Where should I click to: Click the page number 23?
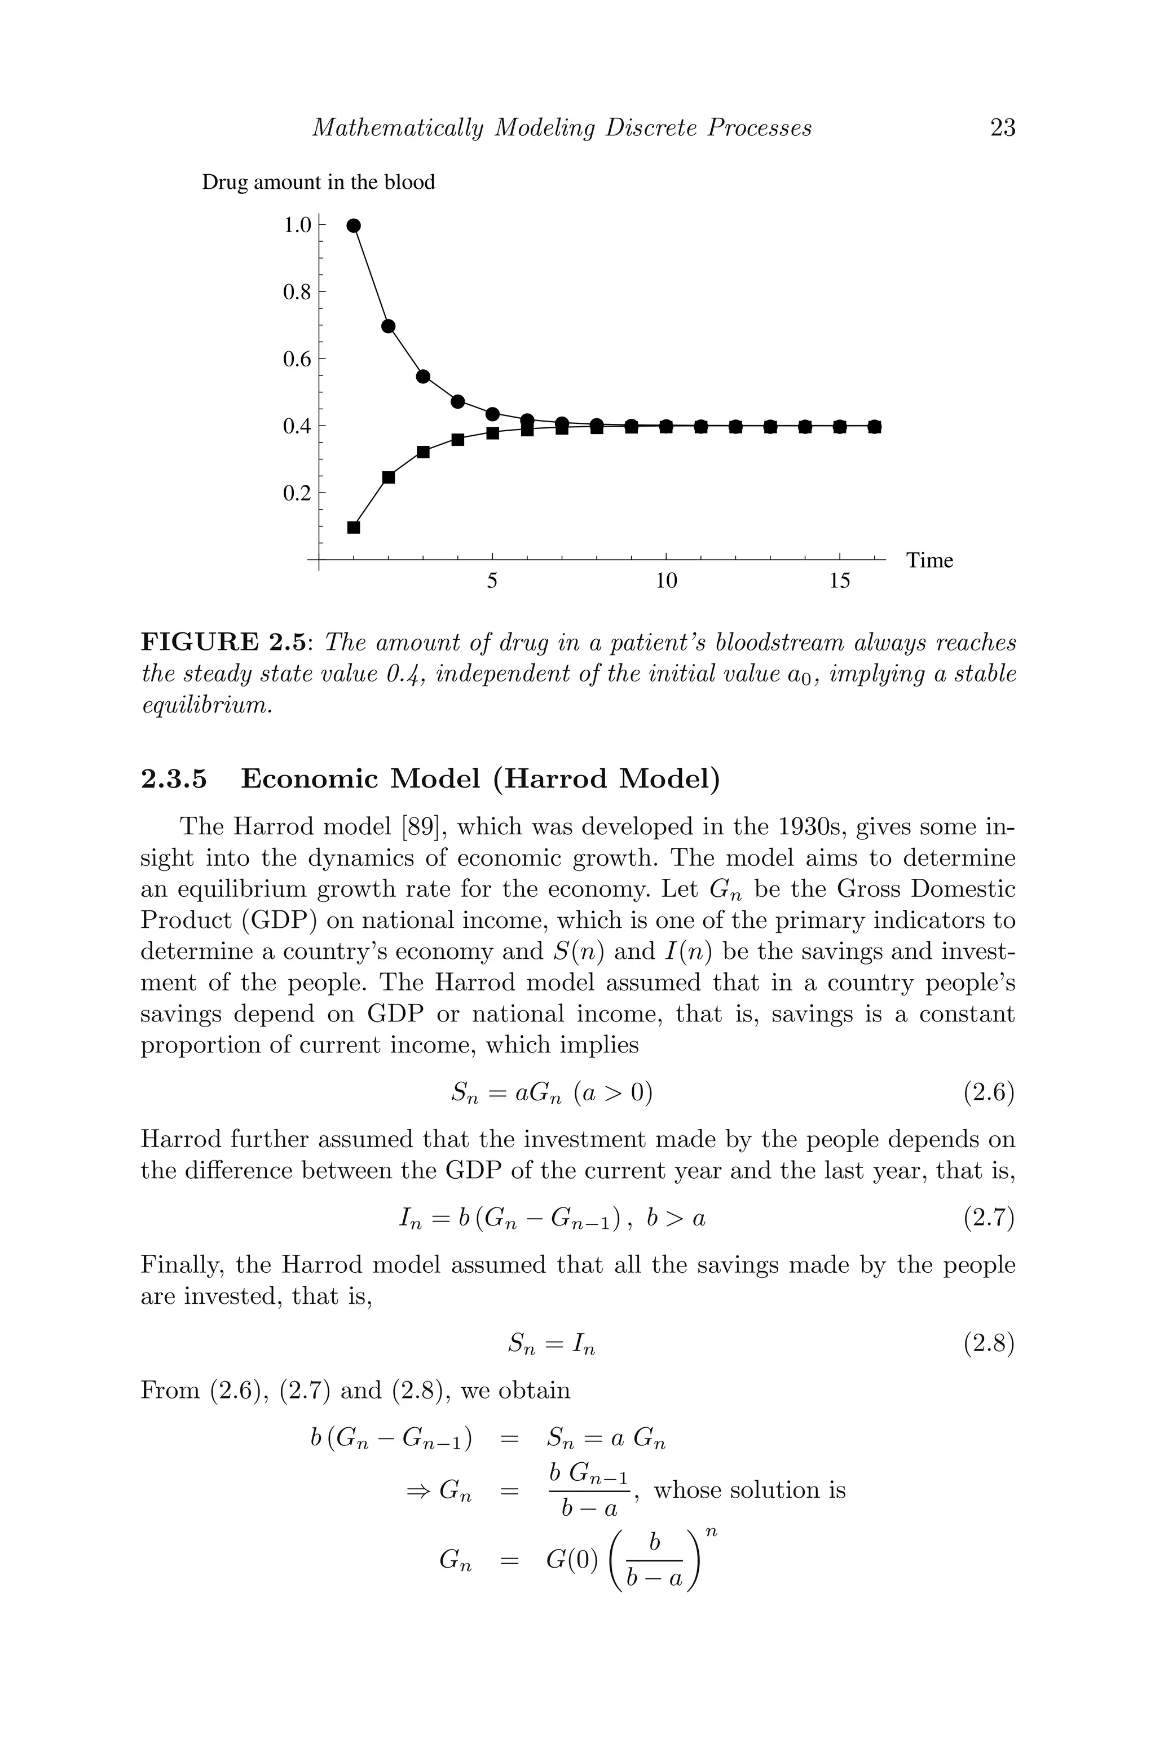[1003, 128]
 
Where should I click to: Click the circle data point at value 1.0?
[354, 225]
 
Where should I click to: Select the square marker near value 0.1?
[354, 527]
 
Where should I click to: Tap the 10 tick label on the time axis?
[665, 581]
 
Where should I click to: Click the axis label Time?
[929, 560]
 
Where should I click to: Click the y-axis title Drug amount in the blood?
[318, 182]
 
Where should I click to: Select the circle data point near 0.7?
[388, 326]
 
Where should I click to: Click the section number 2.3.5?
[174, 778]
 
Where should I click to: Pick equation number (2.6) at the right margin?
[989, 1092]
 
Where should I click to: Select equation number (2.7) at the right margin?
[989, 1219]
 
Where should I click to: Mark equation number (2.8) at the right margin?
[989, 1344]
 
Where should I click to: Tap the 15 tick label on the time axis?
[839, 581]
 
